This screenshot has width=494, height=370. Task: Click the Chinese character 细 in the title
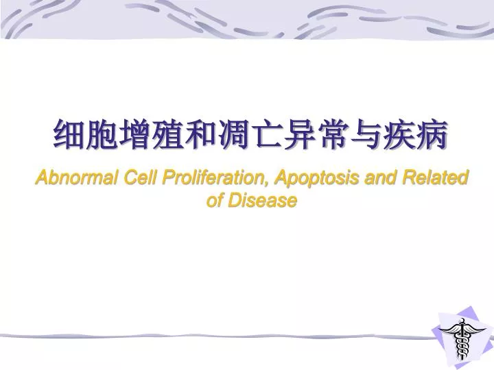(70, 134)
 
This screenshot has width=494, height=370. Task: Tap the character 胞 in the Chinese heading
(103, 134)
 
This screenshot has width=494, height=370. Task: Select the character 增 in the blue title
(136, 134)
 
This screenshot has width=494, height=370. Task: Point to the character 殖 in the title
(169, 134)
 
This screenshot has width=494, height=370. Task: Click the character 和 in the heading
(202, 134)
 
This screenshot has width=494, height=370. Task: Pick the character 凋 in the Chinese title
(235, 134)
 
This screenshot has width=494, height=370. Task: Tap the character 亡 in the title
(268, 134)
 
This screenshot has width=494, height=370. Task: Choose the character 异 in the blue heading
(301, 134)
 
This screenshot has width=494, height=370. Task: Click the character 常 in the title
(333, 134)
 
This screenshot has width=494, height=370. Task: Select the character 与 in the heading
(366, 134)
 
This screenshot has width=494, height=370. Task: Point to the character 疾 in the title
(399, 134)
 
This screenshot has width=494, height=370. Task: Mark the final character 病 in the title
(432, 134)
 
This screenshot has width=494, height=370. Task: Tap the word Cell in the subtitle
(140, 179)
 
